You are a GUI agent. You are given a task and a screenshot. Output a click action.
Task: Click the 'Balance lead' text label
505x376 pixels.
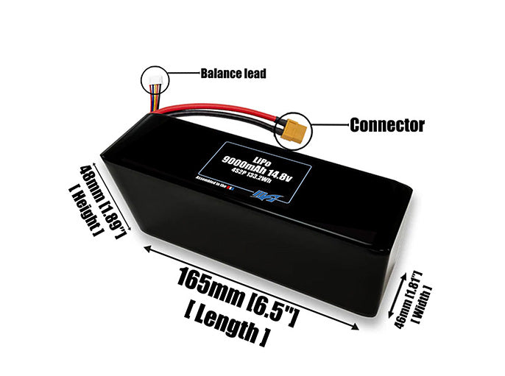233,74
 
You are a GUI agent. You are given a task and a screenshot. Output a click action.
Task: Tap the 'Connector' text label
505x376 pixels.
386,124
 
